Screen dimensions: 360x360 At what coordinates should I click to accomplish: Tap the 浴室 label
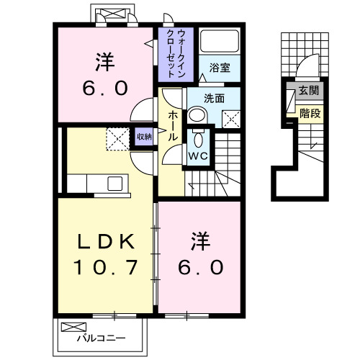pyautogui.click(x=220, y=68)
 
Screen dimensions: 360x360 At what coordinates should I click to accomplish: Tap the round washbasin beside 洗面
pyautogui.click(x=196, y=114)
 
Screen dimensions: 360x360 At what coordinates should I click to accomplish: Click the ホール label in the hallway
pyautogui.click(x=173, y=125)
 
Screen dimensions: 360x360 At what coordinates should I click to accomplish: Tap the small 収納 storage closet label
pyautogui.click(x=143, y=136)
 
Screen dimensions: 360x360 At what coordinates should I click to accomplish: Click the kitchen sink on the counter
pyautogui.click(x=115, y=184)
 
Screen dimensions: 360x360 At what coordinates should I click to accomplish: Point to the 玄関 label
pyautogui.click(x=310, y=91)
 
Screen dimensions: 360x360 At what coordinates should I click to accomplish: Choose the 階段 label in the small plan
pyautogui.click(x=310, y=112)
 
